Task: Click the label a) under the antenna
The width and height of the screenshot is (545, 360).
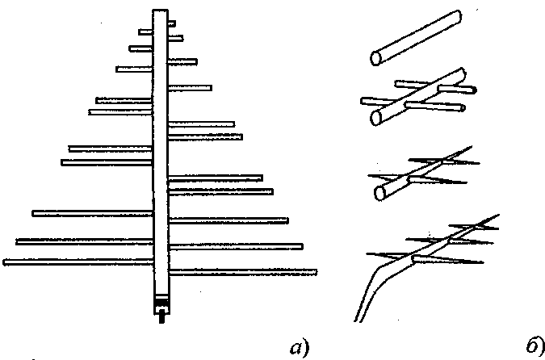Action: click(x=296, y=348)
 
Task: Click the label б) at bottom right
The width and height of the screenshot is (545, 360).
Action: click(x=534, y=346)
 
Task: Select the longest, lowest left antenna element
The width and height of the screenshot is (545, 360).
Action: click(x=78, y=262)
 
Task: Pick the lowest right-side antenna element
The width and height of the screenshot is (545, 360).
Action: click(x=242, y=271)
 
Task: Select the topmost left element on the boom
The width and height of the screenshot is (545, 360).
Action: click(x=145, y=32)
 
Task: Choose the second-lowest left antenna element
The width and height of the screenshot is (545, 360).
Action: click(x=84, y=241)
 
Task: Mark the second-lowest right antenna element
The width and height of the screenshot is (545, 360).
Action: click(x=235, y=245)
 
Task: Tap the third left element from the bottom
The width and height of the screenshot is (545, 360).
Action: click(x=92, y=213)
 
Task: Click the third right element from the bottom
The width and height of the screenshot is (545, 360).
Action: click(x=228, y=220)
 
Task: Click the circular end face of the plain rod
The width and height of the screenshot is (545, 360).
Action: click(x=376, y=58)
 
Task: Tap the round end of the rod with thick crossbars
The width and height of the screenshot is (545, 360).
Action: click(x=376, y=118)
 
